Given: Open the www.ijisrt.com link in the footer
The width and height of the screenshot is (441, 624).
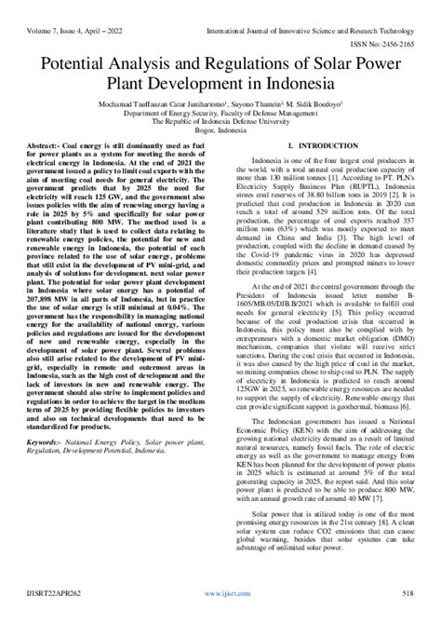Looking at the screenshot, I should [220, 616].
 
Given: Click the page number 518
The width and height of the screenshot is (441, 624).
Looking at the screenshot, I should [407, 616].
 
